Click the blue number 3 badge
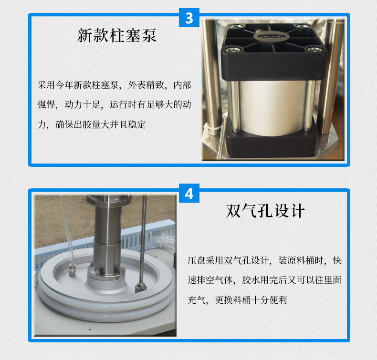(189, 18)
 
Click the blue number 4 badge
(189, 194)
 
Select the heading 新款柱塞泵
(117, 36)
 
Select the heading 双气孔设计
(265, 211)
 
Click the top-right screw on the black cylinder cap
(299, 26)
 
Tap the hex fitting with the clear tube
(72, 271)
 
